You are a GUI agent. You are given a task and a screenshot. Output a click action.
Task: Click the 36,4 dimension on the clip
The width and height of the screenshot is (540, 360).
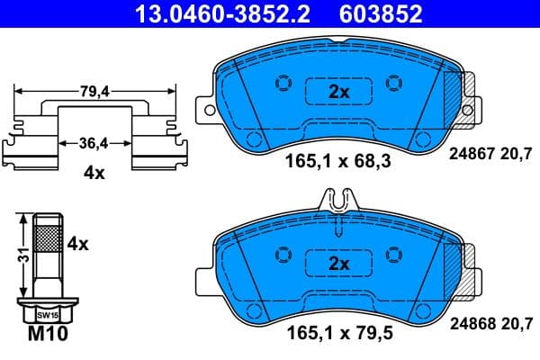click(94, 142)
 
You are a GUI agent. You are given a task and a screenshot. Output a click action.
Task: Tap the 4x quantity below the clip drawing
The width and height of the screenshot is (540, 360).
click(94, 173)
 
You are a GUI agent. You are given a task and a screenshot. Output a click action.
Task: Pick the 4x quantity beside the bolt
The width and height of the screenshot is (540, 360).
click(77, 243)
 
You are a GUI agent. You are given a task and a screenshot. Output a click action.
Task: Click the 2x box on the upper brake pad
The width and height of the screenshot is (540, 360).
click(337, 93)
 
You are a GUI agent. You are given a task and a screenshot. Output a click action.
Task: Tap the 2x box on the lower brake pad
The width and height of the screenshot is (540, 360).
click(337, 263)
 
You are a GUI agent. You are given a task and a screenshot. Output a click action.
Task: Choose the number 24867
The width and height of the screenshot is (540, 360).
click(469, 154)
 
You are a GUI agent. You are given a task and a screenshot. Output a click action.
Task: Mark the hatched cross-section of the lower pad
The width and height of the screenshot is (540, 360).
click(465, 263)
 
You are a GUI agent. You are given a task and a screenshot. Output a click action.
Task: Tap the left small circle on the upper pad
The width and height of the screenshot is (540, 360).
click(282, 84)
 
